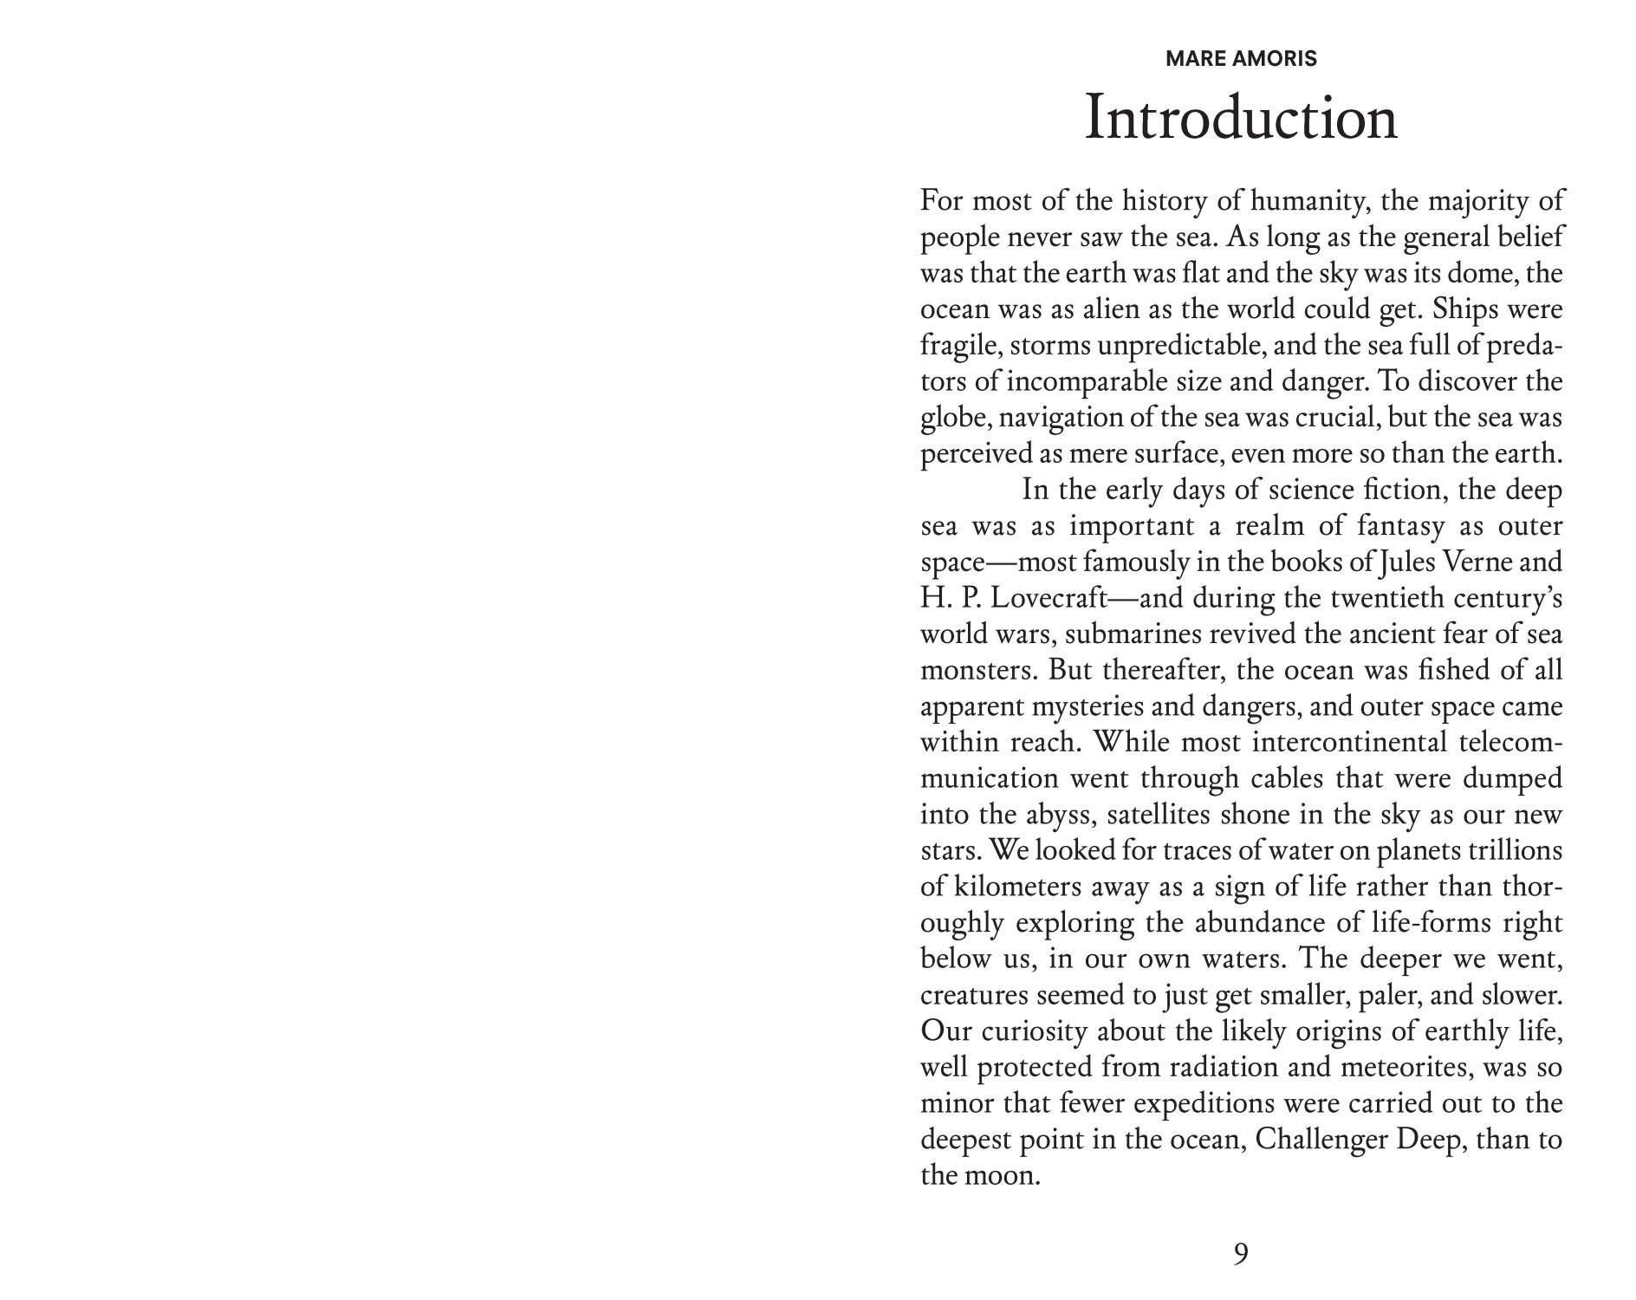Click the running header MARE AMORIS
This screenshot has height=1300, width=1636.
1241,59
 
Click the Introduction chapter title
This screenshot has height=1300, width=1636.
1241,119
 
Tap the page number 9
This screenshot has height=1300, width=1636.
1241,1253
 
